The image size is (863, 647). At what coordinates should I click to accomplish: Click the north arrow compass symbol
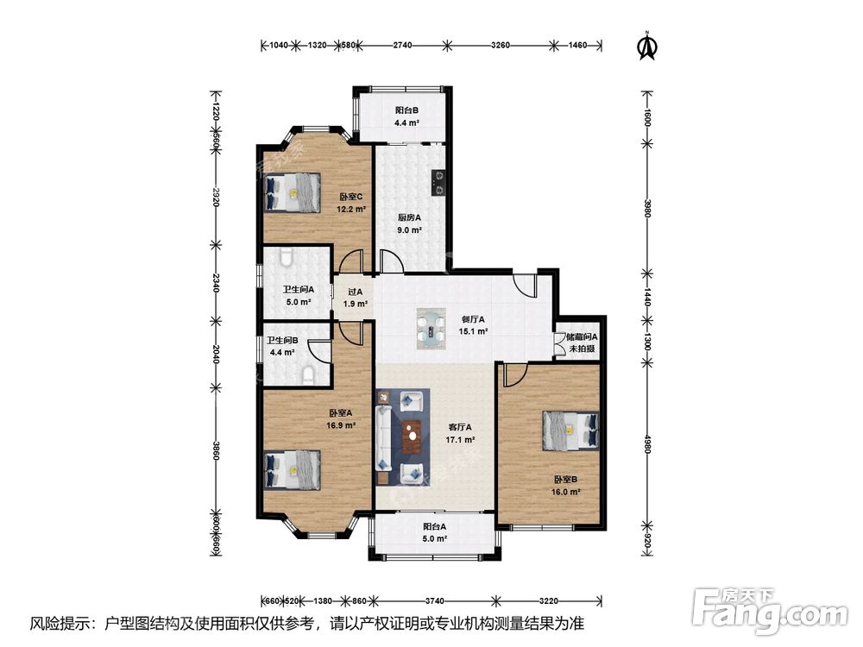tap(648, 46)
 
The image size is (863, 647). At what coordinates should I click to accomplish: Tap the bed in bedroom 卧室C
tap(293, 192)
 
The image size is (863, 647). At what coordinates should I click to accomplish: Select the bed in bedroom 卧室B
tap(570, 430)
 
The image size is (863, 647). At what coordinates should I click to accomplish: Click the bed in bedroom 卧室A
tap(293, 470)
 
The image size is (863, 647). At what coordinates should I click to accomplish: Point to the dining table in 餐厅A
tap(431, 328)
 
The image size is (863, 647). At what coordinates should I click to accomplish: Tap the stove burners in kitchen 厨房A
tap(438, 183)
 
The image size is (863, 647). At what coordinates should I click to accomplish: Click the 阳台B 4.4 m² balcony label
tap(406, 116)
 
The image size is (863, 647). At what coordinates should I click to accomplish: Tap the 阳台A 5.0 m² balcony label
tap(434, 532)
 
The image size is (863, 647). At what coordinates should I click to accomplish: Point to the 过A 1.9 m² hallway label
tap(356, 298)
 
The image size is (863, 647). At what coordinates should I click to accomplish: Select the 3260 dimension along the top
tap(500, 45)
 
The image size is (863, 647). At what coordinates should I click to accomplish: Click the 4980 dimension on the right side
tap(648, 444)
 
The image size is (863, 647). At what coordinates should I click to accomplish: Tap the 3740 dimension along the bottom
tap(434, 600)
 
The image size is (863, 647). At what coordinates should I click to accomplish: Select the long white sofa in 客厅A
tap(384, 438)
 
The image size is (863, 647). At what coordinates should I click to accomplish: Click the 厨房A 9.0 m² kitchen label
tap(409, 224)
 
